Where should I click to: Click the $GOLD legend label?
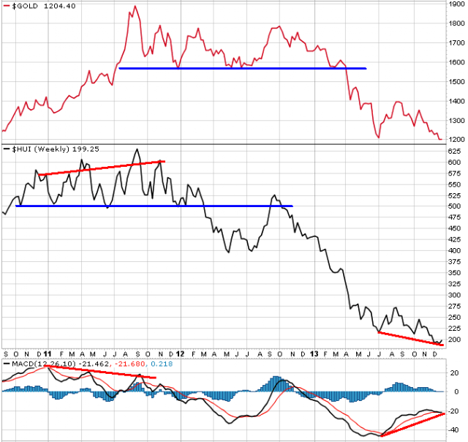(25, 6)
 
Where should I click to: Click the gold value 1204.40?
(60, 6)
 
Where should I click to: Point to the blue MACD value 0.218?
(162, 364)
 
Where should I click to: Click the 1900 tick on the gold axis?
(456, 4)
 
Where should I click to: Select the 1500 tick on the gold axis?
(456, 81)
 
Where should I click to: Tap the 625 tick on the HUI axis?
(454, 151)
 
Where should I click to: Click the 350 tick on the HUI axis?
(454, 273)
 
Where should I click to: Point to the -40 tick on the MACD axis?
(454, 430)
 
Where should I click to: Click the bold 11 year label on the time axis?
(48, 354)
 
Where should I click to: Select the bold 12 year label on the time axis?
(180, 354)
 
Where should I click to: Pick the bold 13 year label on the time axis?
(314, 354)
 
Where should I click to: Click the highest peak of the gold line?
(135, 6)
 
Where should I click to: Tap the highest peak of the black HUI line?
(137, 149)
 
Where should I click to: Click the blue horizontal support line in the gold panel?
(243, 68)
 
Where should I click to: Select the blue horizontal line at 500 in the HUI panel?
(154, 206)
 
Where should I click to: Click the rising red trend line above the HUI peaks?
(102, 168)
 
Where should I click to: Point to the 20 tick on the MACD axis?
(454, 372)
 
